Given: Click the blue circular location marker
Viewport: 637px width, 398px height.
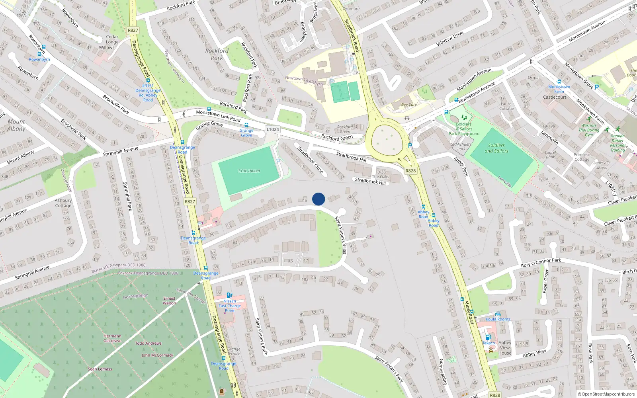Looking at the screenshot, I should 318,199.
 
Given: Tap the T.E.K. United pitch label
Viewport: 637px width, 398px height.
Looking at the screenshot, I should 249,171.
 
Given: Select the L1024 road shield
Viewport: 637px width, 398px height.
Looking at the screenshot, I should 273,129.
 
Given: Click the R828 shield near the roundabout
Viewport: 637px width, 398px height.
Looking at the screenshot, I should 410,171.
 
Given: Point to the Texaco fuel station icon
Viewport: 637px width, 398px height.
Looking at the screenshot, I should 488,337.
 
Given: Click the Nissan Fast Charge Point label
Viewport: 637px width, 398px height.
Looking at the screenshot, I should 230,306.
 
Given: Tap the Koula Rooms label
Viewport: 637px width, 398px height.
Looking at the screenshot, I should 498,319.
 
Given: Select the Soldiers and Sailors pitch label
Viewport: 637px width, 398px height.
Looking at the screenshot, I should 496,148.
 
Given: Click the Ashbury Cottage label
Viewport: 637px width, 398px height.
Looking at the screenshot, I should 63,203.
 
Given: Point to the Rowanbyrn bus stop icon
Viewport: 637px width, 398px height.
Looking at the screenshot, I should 39,54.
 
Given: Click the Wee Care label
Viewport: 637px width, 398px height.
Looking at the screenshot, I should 408,105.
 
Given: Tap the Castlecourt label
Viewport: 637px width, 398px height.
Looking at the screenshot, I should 555,97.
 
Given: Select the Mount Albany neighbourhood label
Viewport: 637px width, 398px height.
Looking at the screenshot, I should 16,125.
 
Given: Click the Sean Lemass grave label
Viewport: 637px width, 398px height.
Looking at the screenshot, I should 100,369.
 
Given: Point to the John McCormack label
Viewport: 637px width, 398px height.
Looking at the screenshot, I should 157,355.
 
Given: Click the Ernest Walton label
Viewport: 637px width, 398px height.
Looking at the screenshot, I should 169,300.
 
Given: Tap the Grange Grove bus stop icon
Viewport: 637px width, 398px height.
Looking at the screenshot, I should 246,125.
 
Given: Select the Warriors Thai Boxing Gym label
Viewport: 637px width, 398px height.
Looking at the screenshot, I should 589,130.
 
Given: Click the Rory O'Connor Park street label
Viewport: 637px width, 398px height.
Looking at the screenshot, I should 541,263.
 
